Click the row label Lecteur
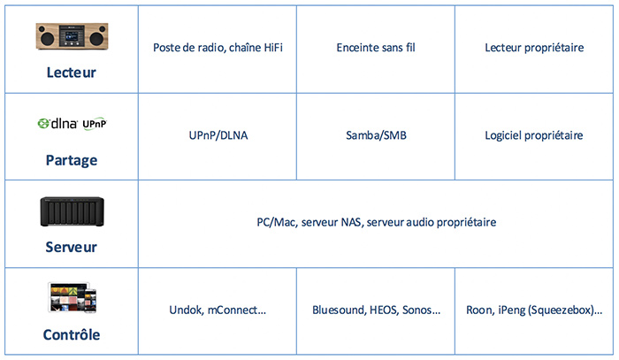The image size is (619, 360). coord(71,73)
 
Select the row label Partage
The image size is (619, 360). coord(72,161)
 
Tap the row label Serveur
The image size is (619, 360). coord(71,247)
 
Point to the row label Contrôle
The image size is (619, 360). coord(72,334)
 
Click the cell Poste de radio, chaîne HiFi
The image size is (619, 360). coord(218,48)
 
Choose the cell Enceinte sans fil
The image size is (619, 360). coord(376,48)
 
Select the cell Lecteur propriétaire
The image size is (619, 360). coord(534,48)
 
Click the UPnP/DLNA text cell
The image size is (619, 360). coord(218,135)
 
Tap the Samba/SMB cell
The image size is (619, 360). coord(376,135)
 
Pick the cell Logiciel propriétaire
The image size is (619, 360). coord(534,135)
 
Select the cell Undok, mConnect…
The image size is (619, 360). coord(218,310)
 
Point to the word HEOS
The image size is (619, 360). coord(384,310)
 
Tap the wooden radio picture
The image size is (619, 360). coord(72,36)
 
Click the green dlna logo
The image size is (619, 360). coord(57,124)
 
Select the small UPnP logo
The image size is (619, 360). coord(95,124)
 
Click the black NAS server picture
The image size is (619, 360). coord(72,211)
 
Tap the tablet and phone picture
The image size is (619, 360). coord(73,297)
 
